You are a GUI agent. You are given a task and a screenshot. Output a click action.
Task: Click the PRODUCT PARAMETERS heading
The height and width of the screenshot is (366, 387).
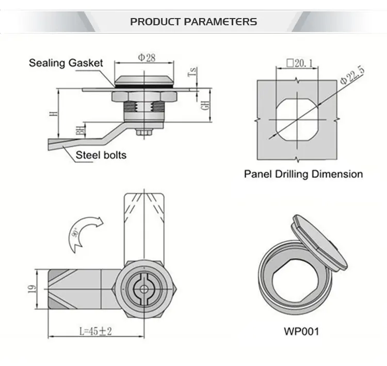193,22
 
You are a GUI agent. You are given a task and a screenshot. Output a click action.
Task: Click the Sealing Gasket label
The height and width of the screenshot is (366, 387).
66,63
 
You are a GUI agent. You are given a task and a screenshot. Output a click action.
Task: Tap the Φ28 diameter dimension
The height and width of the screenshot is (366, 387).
146,58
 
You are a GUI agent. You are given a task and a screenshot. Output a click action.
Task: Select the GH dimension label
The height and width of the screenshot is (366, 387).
205,106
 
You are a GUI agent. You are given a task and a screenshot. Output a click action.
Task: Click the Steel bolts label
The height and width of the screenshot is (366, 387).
101,155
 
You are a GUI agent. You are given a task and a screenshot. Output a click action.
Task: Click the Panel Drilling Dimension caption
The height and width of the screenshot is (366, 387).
303,174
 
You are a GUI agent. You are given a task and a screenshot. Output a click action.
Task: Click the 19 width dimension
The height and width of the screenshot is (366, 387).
32,290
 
